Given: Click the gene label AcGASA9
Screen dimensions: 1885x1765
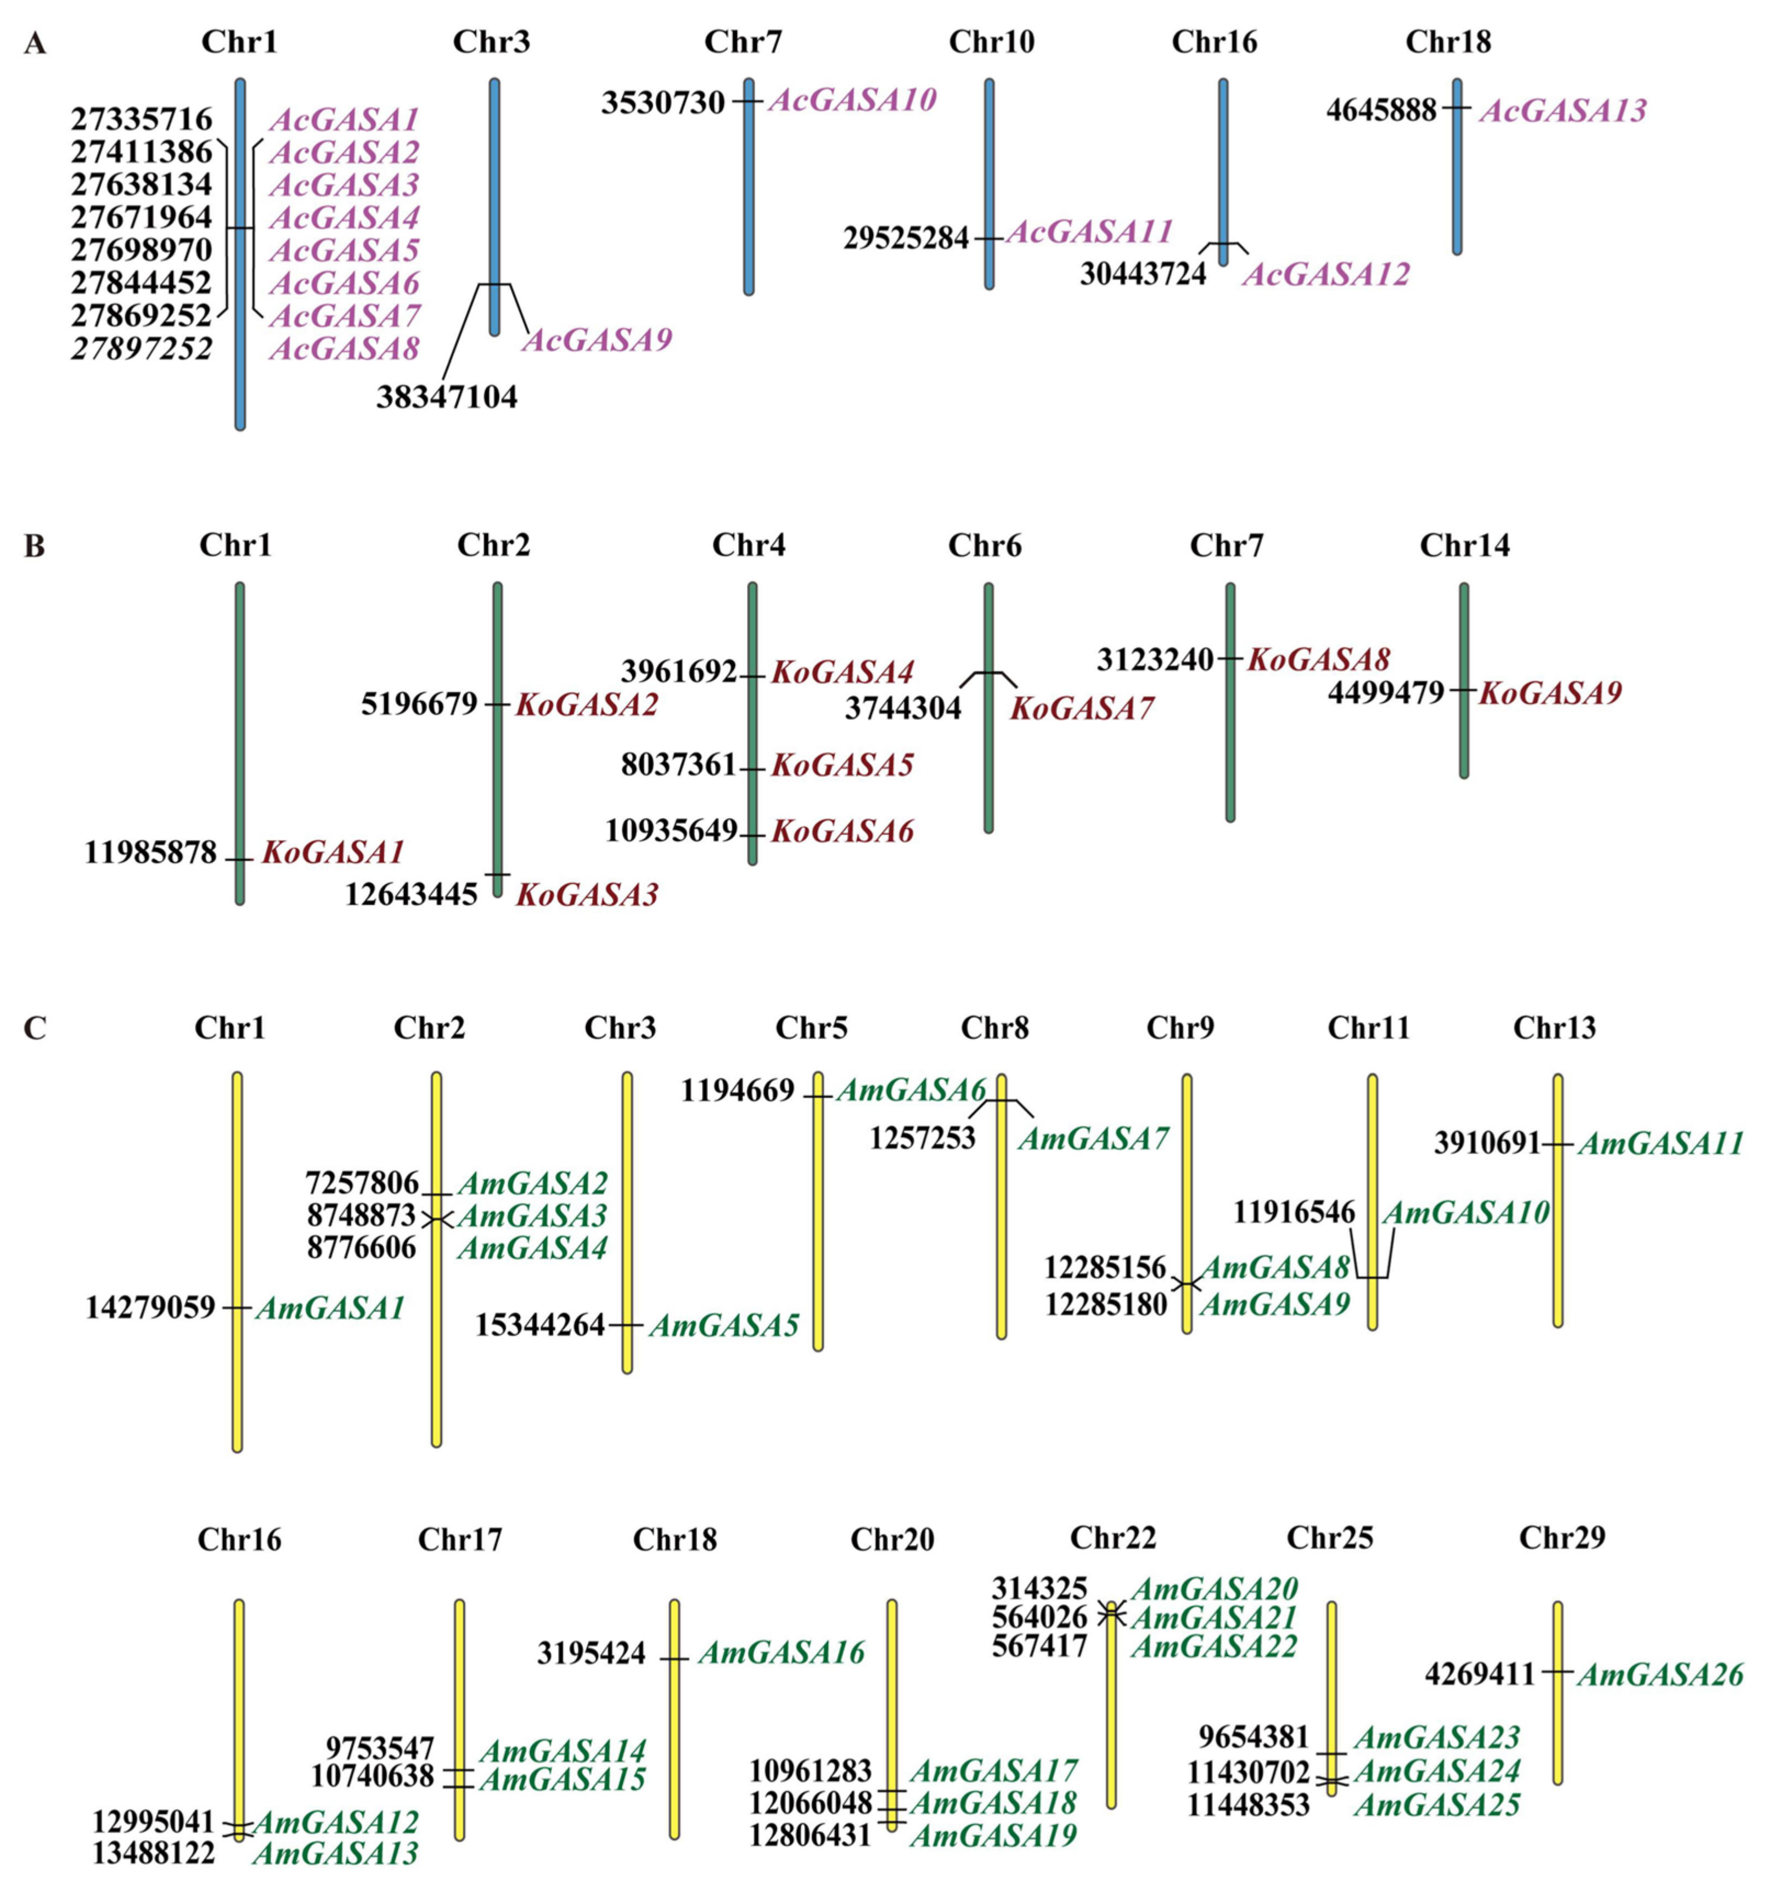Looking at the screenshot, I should (x=597, y=340).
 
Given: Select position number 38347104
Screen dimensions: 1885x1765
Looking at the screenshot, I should (x=447, y=396).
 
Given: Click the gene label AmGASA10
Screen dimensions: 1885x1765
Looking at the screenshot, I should (x=1465, y=1212).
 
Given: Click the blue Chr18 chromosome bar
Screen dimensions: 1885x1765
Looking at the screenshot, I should (x=1457, y=180).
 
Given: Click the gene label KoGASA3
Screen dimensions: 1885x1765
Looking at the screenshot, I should (x=586, y=894).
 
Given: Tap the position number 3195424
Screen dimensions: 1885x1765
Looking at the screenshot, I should (x=591, y=1653).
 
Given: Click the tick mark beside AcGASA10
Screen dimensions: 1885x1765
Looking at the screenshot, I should (x=748, y=100).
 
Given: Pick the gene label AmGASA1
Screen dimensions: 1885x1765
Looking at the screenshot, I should (x=330, y=1308).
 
